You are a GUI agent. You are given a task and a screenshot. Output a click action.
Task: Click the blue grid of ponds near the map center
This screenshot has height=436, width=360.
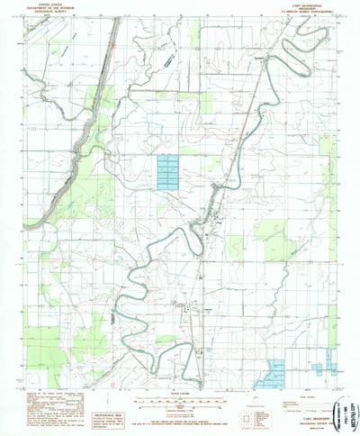pos(168,171)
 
